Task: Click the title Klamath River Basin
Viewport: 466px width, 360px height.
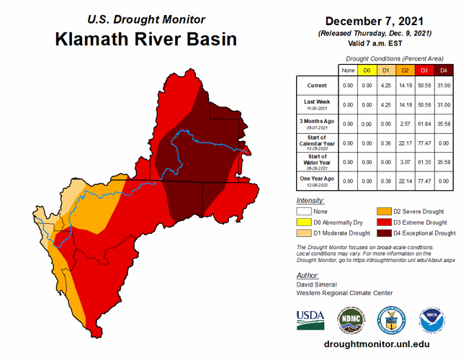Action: tap(145, 38)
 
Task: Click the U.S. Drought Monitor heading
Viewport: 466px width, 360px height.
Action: tap(145, 19)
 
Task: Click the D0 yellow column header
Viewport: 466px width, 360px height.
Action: tap(366, 70)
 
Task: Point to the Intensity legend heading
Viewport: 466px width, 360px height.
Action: tap(310, 200)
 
